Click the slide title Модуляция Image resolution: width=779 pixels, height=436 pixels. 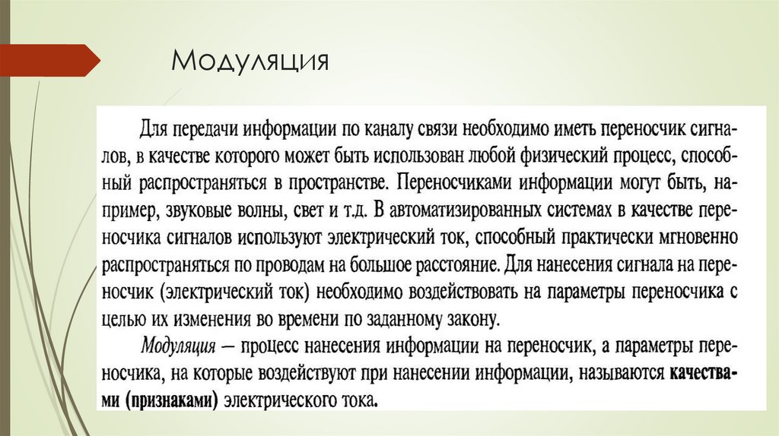[250, 61]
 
